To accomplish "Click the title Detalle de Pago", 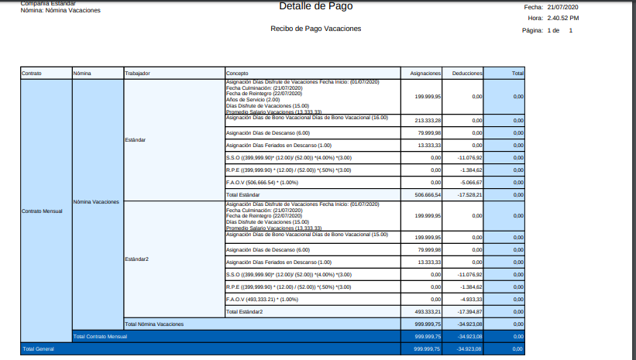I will point(315,6).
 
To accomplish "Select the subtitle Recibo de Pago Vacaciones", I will point(315,29).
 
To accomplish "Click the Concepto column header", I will point(236,74).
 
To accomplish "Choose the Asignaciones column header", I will point(425,74).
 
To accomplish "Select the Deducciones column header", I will point(467,74).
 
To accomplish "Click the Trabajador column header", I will point(137,74).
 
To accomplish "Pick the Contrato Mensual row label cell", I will point(41,211).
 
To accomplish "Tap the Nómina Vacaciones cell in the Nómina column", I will point(96,202).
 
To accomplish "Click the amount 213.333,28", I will point(428,121).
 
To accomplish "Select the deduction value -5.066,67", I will point(470,183).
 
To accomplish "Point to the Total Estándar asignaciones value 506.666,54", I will point(428,195).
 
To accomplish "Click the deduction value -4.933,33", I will point(470,299).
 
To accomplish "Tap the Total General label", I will point(37,349).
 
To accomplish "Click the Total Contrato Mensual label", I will point(100,337).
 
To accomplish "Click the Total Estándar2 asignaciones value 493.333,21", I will point(428,311).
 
